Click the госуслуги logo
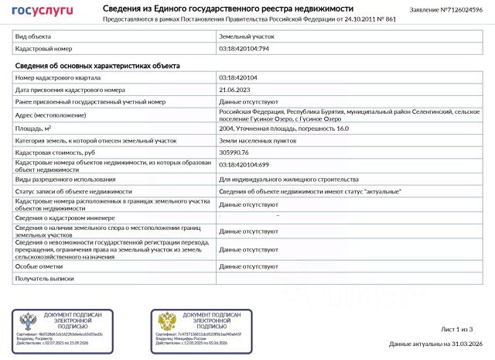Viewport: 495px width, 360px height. tap(42, 10)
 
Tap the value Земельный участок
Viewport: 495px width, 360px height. tap(246, 36)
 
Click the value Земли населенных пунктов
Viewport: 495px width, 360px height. tap(254, 140)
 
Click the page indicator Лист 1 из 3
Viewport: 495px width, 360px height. tap(456, 330)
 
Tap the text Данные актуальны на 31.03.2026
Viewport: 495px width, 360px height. tap(435, 344)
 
